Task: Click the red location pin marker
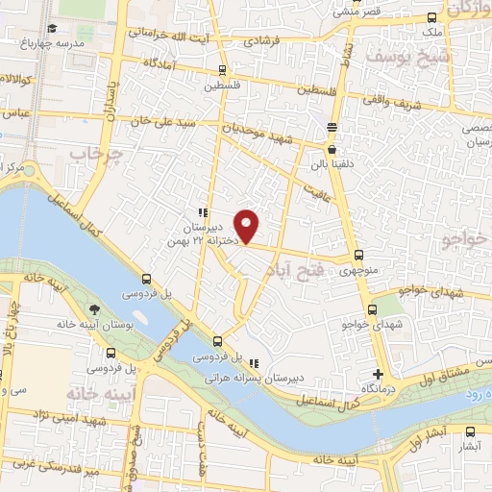248,226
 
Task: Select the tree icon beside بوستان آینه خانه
94,309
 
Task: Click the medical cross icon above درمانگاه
379,374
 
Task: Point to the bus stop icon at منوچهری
358,255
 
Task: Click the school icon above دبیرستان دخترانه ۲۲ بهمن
202,212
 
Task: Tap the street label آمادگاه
162,62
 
